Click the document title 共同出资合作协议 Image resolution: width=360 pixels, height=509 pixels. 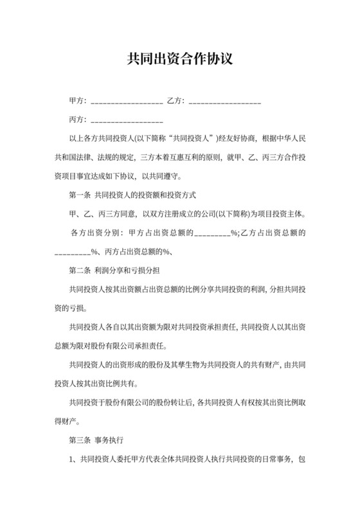(179, 59)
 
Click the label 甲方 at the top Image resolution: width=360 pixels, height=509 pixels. (78, 101)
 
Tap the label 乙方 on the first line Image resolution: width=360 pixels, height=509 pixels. (175, 101)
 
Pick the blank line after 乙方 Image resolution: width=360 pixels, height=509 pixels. (225, 102)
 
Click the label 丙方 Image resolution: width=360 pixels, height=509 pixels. (78, 120)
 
